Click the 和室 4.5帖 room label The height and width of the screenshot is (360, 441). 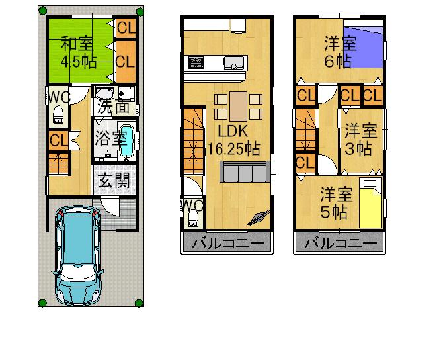(x=78, y=52)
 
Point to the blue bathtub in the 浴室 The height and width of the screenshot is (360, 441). (x=127, y=142)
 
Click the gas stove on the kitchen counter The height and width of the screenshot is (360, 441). (x=197, y=64)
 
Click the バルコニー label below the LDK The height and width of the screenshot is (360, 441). (x=227, y=244)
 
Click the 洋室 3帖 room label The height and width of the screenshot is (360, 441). (x=360, y=139)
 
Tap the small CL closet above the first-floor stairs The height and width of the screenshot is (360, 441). (x=58, y=140)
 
